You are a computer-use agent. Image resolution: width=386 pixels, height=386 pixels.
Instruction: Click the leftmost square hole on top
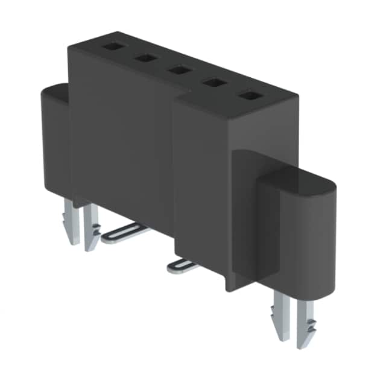pos(112,46)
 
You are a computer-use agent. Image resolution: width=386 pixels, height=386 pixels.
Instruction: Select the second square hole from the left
pos(145,58)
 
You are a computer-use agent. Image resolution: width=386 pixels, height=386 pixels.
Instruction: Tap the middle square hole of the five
pos(178,70)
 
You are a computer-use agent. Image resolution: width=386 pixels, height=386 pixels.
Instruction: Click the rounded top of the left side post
pos(54,92)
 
